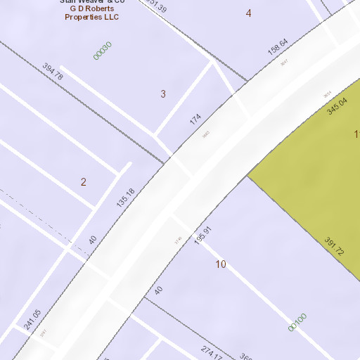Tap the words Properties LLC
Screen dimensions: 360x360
(92, 18)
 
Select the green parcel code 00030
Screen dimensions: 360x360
(103, 50)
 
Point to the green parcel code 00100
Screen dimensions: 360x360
(297, 322)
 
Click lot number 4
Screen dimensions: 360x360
(248, 13)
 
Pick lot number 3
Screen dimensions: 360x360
(163, 94)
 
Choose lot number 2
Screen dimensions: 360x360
(83, 182)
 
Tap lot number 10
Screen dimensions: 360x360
(221, 264)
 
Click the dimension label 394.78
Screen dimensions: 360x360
(53, 72)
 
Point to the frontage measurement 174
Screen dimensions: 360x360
(195, 119)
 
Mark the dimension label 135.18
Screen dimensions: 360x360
(125, 198)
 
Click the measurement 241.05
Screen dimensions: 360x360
(32, 319)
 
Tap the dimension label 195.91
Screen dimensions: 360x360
(202, 236)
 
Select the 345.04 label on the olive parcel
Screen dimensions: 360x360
(337, 106)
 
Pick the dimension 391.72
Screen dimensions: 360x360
(333, 245)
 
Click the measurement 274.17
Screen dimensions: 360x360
(212, 352)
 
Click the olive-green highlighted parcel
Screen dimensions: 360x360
(309, 176)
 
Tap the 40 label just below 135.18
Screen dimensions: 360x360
(92, 240)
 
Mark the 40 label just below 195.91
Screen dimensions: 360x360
(158, 290)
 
